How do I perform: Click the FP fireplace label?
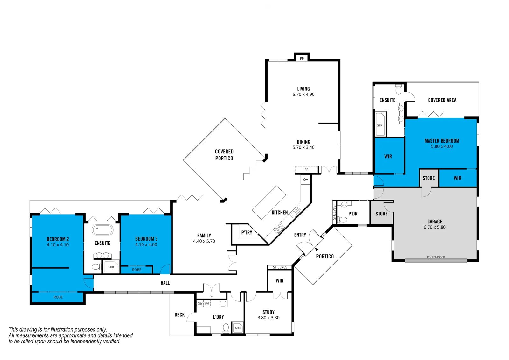[302, 59]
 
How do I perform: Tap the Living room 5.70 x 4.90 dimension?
[303, 95]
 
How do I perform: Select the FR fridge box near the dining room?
[307, 170]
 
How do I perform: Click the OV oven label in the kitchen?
[306, 180]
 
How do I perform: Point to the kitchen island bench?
[269, 203]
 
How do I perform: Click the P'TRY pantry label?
[247, 232]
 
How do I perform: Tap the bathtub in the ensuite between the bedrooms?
[102, 230]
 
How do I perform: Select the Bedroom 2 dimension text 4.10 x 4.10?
[58, 245]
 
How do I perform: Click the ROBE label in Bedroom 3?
[136, 270]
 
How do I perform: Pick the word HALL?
[165, 283]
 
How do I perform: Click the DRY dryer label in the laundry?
[200, 304]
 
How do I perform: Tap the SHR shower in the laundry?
[238, 328]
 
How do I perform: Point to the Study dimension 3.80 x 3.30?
[268, 318]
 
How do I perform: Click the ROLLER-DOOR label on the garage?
[436, 257]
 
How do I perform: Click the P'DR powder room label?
[353, 214]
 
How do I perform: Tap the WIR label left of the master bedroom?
[388, 157]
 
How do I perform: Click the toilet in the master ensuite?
[399, 89]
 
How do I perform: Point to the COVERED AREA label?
[442, 100]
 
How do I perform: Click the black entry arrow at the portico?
[317, 250]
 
